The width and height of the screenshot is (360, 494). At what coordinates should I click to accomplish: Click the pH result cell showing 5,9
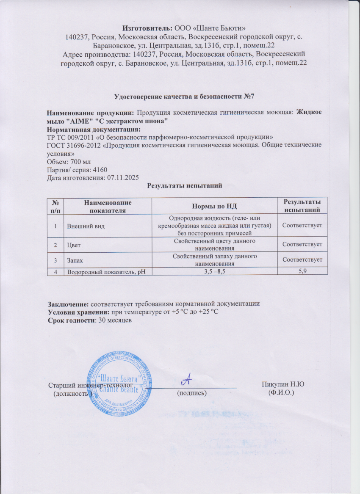pos(302,271)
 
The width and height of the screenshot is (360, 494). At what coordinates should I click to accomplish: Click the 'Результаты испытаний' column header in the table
pos(302,206)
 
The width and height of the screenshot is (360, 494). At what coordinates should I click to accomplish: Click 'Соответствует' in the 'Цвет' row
pos(302,245)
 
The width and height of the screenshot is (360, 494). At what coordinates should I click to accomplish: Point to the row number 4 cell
pos(55,271)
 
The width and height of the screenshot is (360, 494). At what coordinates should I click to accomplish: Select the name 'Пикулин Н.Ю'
pos(284,385)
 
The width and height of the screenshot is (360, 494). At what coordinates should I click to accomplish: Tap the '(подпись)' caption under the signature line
pos(192,393)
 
